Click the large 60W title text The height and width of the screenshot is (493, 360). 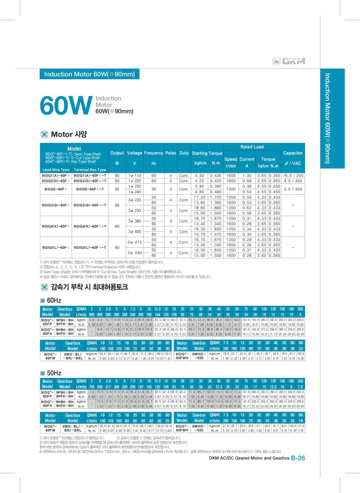[x=65, y=106]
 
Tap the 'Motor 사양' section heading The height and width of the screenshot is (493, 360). [x=69, y=134]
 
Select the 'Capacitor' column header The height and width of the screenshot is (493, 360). [x=293, y=153]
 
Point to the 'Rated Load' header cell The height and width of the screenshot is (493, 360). [x=252, y=147]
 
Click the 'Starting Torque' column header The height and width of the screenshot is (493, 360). [x=207, y=153]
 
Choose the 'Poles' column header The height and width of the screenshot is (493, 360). [x=170, y=153]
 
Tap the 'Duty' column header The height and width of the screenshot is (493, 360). [x=184, y=153]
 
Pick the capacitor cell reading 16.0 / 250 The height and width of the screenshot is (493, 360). [x=293, y=175]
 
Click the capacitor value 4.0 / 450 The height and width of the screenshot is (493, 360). [x=293, y=181]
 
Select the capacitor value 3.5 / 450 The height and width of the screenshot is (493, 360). [x=293, y=189]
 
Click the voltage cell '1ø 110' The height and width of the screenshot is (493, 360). [x=135, y=175]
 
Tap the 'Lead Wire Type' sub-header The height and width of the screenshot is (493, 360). [x=56, y=170]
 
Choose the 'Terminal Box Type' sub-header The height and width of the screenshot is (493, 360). [x=89, y=170]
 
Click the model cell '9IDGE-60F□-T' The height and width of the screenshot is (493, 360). [x=90, y=189]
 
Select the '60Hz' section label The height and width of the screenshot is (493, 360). [x=54, y=301]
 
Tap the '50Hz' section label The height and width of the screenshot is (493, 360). [x=54, y=373]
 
